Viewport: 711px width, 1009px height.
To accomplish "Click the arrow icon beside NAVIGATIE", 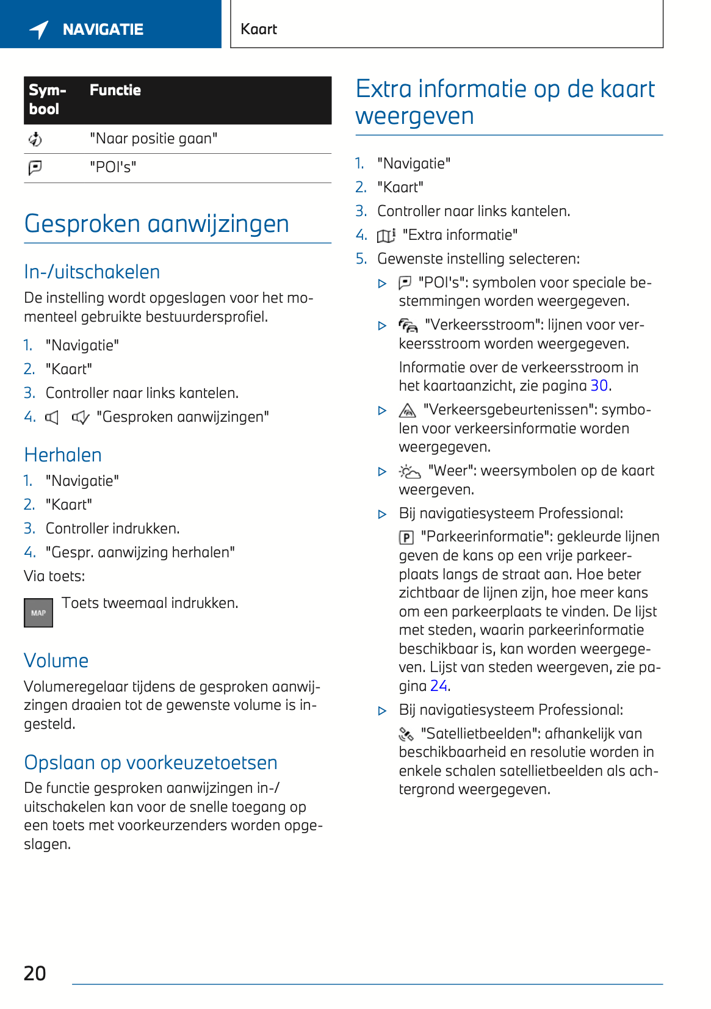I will point(39,29).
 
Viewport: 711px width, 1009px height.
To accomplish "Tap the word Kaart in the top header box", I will point(259,29).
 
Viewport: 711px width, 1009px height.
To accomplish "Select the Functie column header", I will point(115,90).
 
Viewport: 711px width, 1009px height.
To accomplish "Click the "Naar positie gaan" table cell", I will point(153,139).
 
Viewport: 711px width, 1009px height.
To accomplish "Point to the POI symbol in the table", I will point(35,167).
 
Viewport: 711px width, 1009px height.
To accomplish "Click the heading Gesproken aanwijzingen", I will point(157,224).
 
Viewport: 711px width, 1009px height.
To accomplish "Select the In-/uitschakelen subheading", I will point(92,272).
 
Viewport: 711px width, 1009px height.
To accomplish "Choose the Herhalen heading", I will point(63,455).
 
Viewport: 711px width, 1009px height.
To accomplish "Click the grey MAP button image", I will point(38,613).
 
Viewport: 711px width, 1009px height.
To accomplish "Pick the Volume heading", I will point(56,661).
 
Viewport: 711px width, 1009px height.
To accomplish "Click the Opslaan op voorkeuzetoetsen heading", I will point(151,763).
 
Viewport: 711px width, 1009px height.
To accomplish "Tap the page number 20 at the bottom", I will point(35,973).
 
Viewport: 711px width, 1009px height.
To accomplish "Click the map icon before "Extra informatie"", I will point(386,236).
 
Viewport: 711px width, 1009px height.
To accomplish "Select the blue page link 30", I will point(599,386).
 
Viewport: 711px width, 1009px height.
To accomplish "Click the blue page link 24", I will point(439,686).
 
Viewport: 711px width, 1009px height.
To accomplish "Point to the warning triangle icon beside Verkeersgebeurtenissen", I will point(407,410).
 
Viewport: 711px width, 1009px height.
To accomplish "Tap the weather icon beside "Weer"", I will point(410,472).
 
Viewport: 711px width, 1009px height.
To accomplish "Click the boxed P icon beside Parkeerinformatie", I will point(406,537).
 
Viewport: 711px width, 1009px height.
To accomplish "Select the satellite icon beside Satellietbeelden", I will point(406,734).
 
